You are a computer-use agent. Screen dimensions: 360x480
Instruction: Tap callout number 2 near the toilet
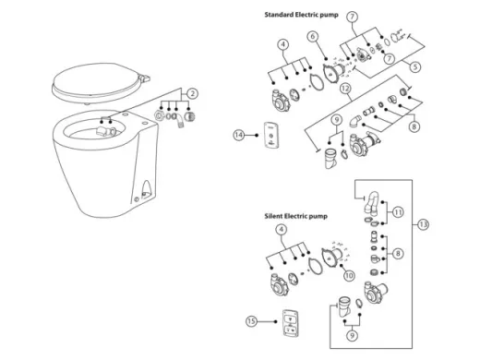(192, 93)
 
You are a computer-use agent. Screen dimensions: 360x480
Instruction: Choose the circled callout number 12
(343, 89)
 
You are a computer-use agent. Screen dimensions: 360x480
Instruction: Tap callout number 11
(399, 211)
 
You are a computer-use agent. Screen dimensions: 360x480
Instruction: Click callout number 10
(349, 275)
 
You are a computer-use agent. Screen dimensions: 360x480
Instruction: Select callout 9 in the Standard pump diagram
(337, 119)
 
